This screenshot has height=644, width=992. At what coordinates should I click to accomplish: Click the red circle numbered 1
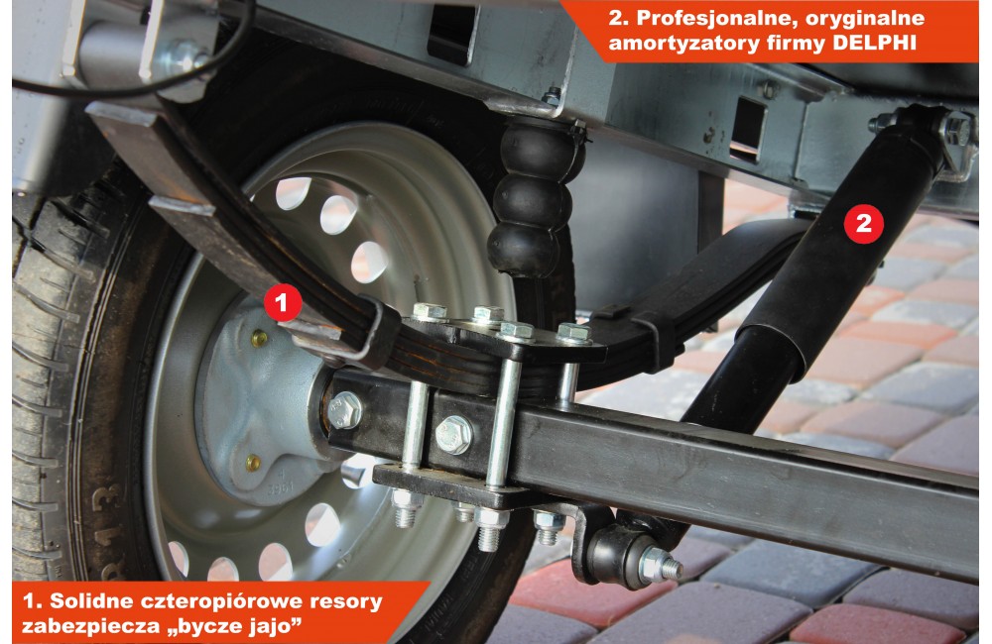282,303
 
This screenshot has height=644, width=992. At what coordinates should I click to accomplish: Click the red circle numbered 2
864,223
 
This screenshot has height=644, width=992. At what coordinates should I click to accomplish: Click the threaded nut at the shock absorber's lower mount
658,564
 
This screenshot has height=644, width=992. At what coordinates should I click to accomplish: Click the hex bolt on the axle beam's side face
453,434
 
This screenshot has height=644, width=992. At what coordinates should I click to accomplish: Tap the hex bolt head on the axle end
344,410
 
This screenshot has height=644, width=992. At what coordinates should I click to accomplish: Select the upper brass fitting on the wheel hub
259,339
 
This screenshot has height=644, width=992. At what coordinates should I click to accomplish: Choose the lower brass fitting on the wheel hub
253,462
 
